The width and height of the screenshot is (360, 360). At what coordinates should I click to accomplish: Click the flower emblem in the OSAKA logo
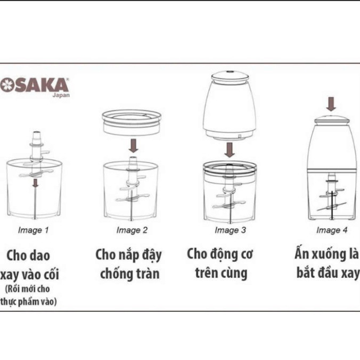click(6, 85)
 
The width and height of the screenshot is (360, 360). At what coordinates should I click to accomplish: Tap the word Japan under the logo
click(61, 95)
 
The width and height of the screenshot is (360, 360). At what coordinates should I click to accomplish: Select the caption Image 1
click(34, 230)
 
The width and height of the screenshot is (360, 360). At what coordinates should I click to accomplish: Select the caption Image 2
click(132, 230)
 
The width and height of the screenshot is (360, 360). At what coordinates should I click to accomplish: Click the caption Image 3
click(230, 230)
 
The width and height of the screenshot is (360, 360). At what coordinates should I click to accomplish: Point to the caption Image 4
click(332, 230)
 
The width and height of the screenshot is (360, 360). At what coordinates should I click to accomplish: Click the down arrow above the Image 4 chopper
click(331, 104)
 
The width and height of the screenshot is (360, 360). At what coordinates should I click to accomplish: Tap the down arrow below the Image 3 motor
click(230, 150)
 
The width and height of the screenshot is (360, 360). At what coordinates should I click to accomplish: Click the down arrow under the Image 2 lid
click(133, 146)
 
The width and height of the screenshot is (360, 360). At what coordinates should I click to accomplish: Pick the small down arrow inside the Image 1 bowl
click(35, 183)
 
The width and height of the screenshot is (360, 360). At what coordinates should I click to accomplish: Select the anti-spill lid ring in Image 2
click(132, 122)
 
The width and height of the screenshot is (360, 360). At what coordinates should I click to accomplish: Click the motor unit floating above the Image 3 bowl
click(230, 105)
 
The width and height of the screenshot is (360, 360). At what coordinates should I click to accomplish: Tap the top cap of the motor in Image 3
click(230, 76)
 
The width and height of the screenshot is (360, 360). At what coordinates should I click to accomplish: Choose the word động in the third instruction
click(222, 255)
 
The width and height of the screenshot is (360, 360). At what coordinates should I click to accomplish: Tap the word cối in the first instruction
click(50, 274)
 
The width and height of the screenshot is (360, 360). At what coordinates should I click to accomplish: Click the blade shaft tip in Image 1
click(37, 133)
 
